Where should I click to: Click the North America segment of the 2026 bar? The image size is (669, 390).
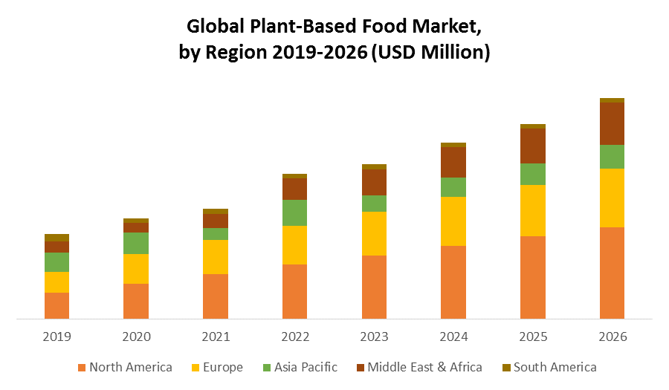[612, 273]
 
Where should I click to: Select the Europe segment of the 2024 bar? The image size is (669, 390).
[453, 221]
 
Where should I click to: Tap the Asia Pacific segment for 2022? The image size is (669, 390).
[294, 212]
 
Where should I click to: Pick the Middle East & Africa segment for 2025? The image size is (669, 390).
[532, 146]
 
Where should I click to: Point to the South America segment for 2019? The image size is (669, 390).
[56, 238]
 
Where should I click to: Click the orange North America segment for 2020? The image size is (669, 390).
[136, 301]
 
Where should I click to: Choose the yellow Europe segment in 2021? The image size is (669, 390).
[216, 257]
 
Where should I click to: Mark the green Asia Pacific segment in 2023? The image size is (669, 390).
[374, 204]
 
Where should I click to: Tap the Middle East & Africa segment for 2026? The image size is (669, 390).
[612, 123]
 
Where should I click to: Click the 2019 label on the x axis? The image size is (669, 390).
[56, 337]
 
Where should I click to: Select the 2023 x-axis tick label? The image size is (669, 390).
[374, 337]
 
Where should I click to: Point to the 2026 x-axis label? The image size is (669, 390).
[612, 337]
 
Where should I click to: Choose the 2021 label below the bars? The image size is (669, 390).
[216, 337]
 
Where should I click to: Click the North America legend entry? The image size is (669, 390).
[125, 367]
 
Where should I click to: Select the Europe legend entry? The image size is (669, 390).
[217, 367]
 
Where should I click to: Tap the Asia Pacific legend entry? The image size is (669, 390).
[300, 367]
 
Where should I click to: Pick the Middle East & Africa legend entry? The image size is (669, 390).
[418, 367]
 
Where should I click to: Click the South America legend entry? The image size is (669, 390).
[549, 367]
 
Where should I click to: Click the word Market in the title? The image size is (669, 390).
[439, 28]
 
